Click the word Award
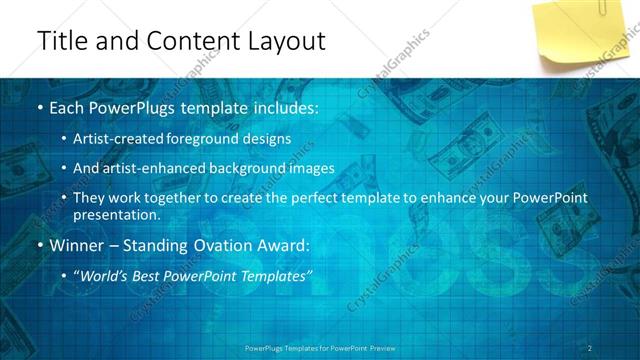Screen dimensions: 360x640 283,243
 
